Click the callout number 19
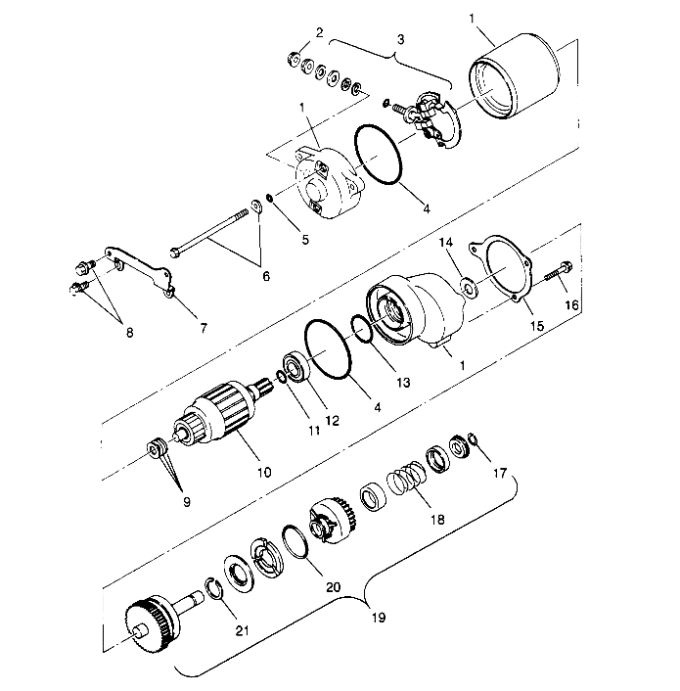379,617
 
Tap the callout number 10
264,473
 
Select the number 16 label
571,305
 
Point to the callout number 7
204,328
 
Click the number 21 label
242,630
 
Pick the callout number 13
403,382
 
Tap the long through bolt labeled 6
208,234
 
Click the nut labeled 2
294,59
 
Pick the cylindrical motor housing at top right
514,75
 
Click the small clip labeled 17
473,438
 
